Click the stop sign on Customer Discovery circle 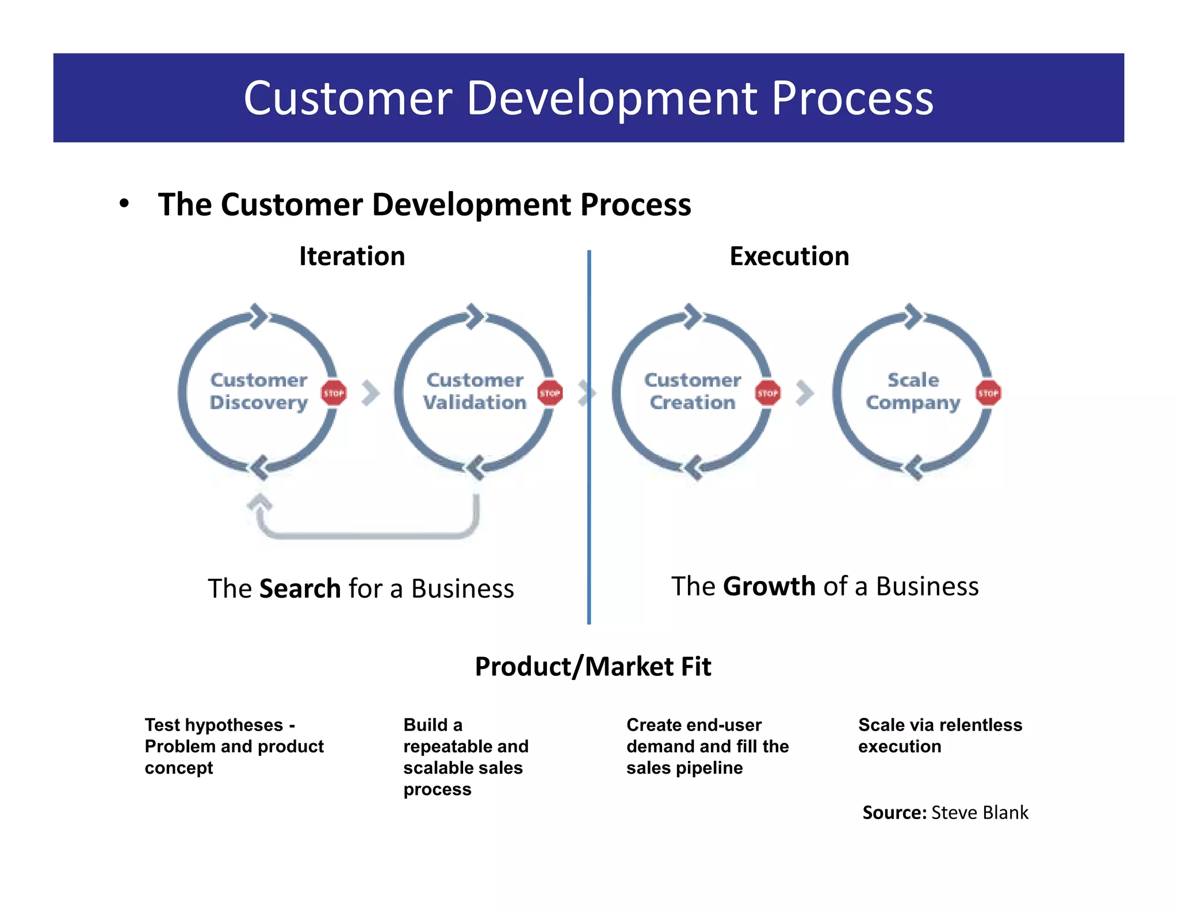tap(334, 393)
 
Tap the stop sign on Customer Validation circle tap(550, 393)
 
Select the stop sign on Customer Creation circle tap(767, 393)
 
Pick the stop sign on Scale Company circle tap(988, 393)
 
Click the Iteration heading tap(352, 257)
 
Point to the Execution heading tap(789, 257)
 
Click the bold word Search tap(300, 589)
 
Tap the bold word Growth tap(769, 587)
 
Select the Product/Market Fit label tap(593, 667)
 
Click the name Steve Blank tap(980, 813)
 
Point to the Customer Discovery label tap(259, 391)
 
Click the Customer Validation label tap(475, 391)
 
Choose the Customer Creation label tap(693, 391)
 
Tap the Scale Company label tap(913, 391)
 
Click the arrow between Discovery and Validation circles tap(371, 393)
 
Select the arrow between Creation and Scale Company tap(805, 393)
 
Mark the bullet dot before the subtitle tap(124, 204)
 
